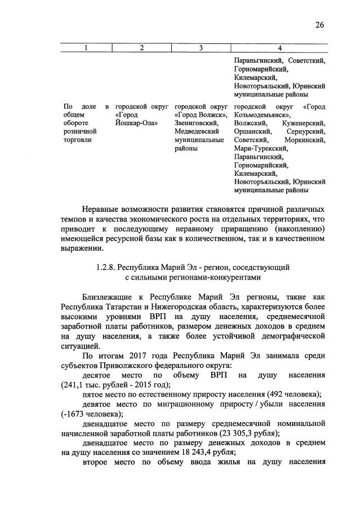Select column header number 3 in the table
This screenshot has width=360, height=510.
click(201, 48)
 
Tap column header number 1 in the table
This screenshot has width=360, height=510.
click(86, 48)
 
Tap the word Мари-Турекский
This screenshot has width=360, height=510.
click(260, 148)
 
